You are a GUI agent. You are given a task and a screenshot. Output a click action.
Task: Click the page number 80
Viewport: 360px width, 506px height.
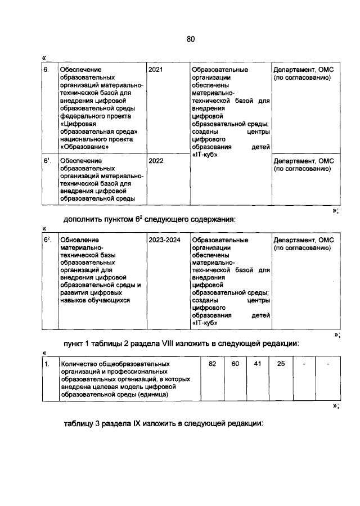tap(190, 39)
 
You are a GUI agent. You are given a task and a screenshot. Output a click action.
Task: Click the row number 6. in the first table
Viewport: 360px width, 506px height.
tap(47, 70)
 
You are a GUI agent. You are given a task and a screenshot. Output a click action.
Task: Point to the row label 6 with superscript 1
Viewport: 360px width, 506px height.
tap(48, 161)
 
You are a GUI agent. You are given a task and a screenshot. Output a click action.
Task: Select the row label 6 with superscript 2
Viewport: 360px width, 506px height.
tap(48, 240)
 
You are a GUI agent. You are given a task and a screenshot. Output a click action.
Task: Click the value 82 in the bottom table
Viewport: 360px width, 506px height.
tap(213, 364)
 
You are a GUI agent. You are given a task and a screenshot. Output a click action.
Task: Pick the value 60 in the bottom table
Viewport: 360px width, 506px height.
tap(235, 364)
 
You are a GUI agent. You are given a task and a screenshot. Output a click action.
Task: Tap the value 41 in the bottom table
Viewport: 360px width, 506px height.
tap(258, 364)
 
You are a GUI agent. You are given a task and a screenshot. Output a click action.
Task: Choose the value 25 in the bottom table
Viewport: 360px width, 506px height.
tap(281, 364)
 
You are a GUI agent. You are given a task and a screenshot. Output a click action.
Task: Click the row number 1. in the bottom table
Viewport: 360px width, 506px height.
tap(48, 364)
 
